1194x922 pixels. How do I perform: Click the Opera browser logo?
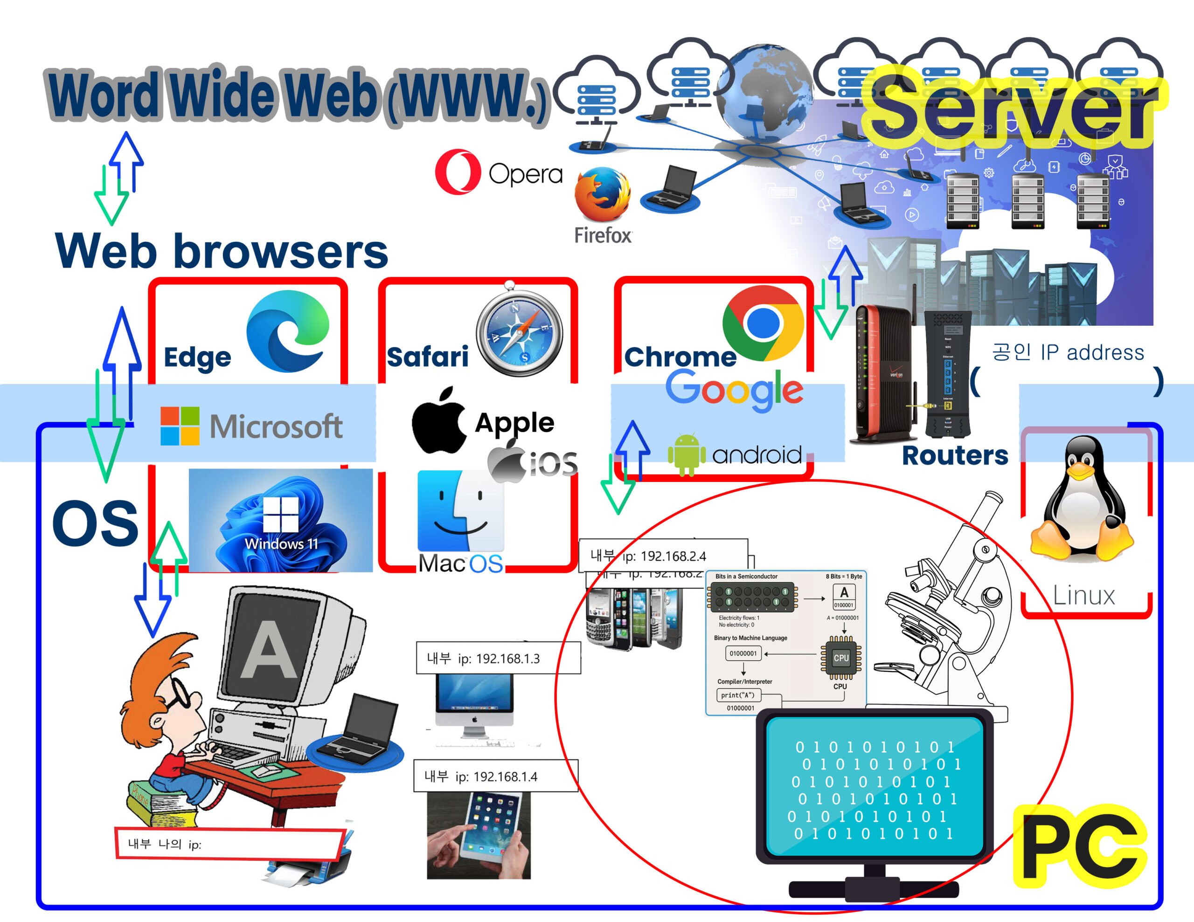(458, 172)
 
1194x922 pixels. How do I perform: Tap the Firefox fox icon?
(603, 194)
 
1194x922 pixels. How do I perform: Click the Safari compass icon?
(520, 332)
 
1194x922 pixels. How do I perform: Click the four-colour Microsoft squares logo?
(179, 426)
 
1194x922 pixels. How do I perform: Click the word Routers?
(955, 455)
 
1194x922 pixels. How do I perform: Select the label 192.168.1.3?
(498, 658)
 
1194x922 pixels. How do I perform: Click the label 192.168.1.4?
(495, 776)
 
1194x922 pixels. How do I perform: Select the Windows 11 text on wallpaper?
(281, 544)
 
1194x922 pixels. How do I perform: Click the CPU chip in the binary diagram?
(841, 658)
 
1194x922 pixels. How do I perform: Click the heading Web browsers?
(222, 251)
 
